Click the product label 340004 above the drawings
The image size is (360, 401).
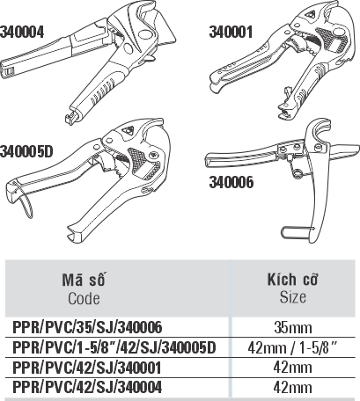22,32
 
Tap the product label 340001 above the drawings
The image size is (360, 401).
231,32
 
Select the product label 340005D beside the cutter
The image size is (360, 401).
26,151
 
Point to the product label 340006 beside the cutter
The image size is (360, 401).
231,182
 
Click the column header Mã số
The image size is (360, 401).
84,280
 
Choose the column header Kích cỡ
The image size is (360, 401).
292,279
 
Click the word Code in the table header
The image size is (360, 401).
84,299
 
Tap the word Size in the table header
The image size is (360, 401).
293,297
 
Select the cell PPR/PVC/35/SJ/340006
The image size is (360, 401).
87,327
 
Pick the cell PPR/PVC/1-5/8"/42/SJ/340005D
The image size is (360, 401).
114,347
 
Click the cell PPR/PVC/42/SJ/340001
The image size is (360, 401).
87,368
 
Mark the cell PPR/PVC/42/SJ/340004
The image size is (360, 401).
87,387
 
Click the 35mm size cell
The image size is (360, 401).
293,327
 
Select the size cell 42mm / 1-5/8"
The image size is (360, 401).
293,347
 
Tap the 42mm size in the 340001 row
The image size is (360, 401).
292,368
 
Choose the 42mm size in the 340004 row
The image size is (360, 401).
292,387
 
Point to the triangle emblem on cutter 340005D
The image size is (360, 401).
127,130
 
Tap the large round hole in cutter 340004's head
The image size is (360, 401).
145,34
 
